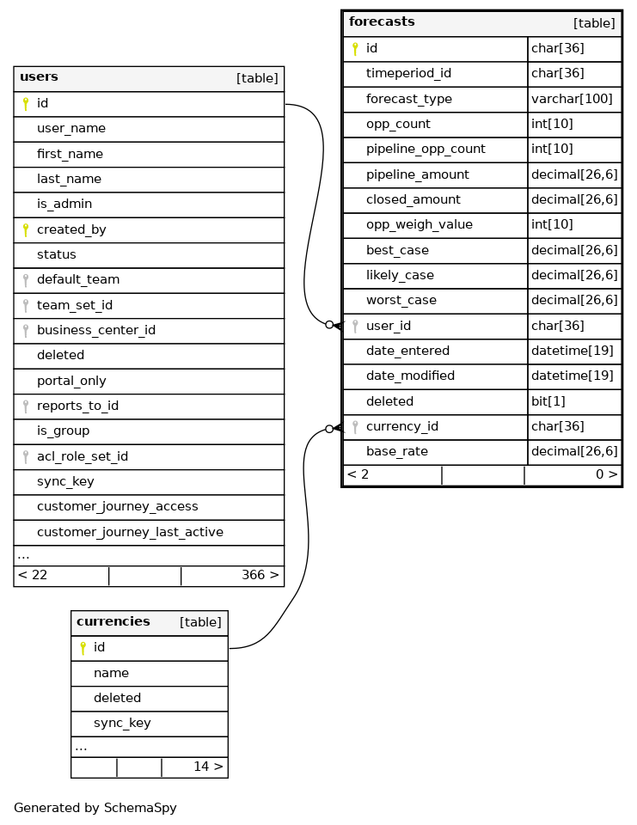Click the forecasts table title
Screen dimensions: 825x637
click(382, 22)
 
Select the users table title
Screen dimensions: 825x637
click(39, 77)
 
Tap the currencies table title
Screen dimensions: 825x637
click(113, 622)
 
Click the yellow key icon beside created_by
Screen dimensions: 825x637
click(26, 229)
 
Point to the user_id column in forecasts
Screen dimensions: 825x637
click(389, 326)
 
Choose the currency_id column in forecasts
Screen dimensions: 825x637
click(402, 426)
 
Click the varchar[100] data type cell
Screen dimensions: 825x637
click(572, 99)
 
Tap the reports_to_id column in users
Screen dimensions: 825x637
click(77, 406)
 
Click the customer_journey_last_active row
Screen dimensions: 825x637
click(130, 532)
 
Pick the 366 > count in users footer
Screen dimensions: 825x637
click(260, 575)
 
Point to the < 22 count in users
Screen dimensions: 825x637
click(33, 575)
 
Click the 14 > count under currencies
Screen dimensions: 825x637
click(208, 767)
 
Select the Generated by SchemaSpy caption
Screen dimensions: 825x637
click(95, 808)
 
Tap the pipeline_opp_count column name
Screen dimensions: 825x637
click(426, 149)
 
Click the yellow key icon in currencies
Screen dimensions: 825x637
click(83, 648)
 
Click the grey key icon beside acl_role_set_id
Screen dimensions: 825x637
click(26, 456)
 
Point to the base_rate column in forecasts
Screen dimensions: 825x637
click(397, 451)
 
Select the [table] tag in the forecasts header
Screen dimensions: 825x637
click(594, 23)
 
